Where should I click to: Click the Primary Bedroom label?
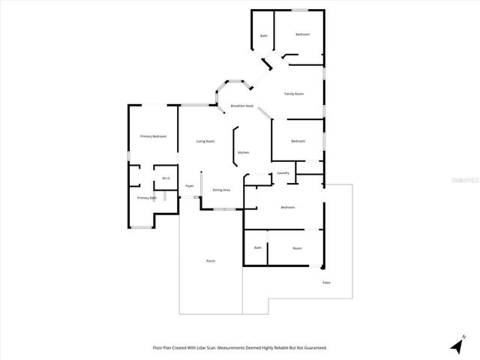[153, 136]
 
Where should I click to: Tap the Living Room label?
[205, 141]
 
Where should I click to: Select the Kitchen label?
[243, 153]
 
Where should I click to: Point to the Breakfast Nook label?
[241, 106]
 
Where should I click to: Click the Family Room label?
[293, 94]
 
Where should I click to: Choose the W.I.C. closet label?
[166, 178]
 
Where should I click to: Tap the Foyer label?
[190, 185]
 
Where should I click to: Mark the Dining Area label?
[221, 190]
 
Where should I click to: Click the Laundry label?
[283, 173]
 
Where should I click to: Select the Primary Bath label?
[146, 198]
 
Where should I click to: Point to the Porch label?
[211, 260]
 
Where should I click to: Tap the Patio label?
[326, 282]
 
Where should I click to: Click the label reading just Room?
[297, 247]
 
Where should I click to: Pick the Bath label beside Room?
[257, 247]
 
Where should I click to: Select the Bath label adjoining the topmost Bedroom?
[264, 35]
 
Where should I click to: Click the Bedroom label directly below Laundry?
[288, 207]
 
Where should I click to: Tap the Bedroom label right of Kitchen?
[298, 141]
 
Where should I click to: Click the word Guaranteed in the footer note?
[313, 348]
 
